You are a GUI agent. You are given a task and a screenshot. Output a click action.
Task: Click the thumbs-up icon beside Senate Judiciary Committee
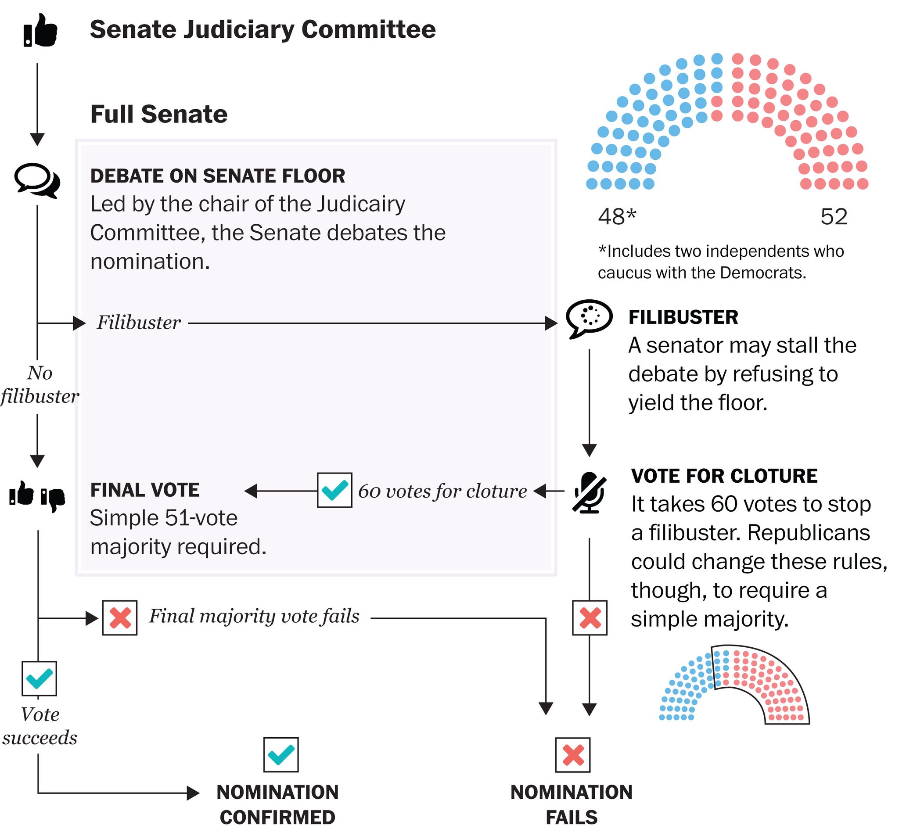(x=40, y=30)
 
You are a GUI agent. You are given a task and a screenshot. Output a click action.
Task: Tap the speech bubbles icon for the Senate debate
(x=37, y=180)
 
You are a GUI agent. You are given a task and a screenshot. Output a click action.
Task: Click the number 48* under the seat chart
(x=617, y=217)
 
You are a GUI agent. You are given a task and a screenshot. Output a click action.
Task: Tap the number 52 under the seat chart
(x=834, y=217)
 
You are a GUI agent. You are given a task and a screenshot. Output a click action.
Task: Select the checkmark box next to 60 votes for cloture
(x=334, y=490)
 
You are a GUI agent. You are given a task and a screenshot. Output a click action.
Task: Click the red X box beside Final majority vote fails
(x=120, y=617)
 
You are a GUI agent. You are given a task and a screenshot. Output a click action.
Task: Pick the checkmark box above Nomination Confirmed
(x=281, y=755)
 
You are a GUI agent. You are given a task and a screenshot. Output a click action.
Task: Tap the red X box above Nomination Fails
(x=573, y=755)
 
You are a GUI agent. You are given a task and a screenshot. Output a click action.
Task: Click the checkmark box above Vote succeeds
(x=40, y=678)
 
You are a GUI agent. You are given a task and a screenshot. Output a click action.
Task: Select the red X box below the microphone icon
(x=590, y=617)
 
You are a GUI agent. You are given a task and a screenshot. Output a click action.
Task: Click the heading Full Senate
(x=159, y=114)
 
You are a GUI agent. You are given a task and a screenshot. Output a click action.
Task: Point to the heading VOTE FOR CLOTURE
(x=724, y=476)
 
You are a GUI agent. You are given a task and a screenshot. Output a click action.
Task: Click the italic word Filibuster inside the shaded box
(x=139, y=323)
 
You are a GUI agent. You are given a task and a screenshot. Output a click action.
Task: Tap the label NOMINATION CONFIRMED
(x=278, y=804)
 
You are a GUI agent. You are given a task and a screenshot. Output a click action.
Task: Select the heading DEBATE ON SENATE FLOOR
(x=218, y=176)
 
